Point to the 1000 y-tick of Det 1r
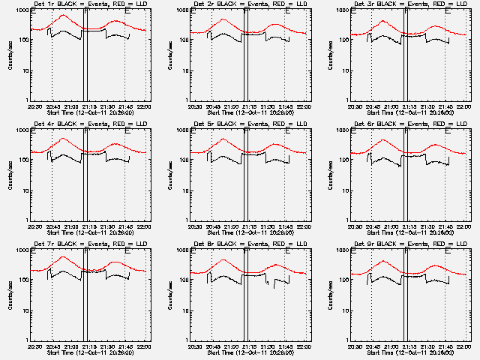pyautogui.click(x=22, y=12)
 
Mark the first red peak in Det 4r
pyautogui.click(x=63, y=139)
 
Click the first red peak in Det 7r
pyautogui.click(x=63, y=257)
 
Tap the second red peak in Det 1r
pyautogui.click(x=116, y=21)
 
